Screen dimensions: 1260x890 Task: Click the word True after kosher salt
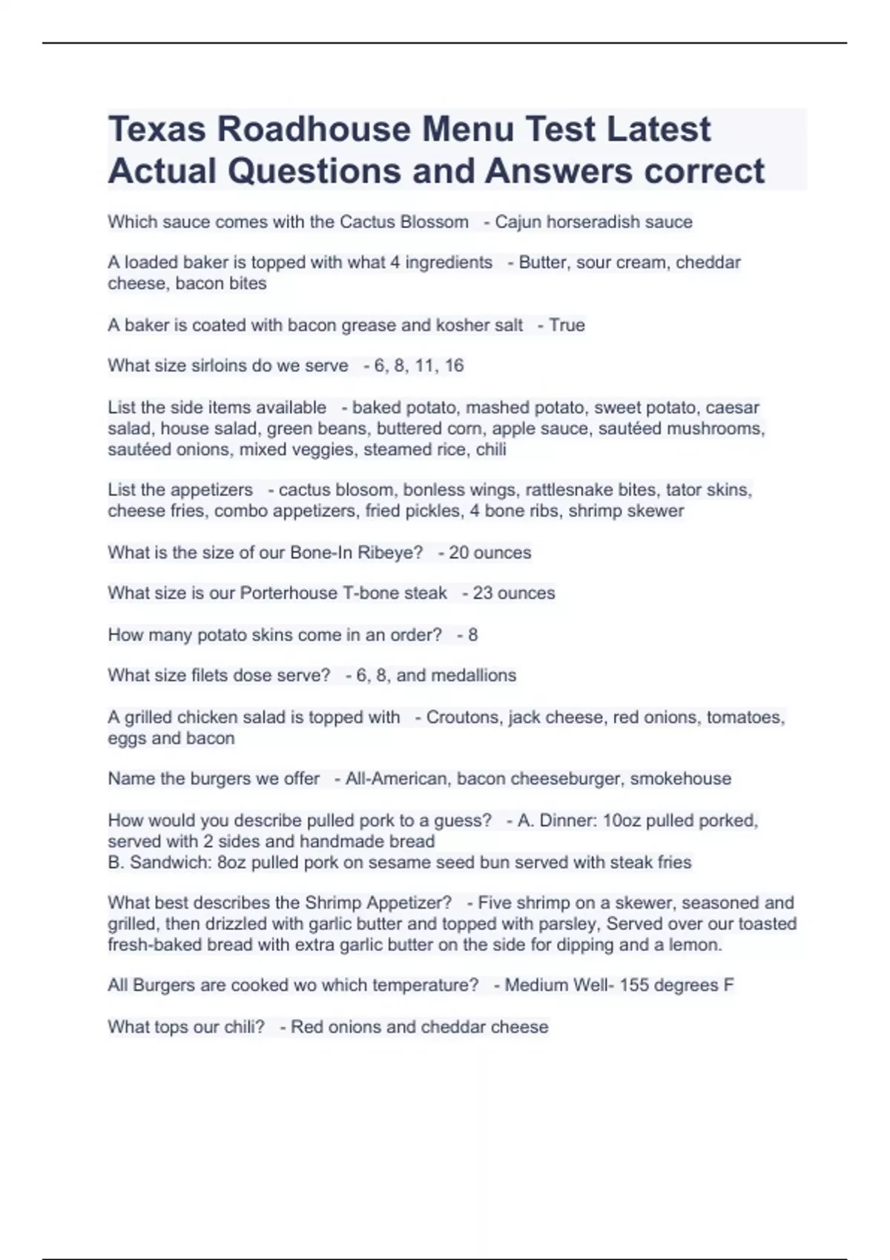567,325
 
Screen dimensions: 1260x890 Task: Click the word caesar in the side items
732,407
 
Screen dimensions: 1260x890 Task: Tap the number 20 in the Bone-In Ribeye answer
458,552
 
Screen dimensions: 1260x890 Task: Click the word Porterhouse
288,593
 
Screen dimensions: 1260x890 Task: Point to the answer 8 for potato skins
472,634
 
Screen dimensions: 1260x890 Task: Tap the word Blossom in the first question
434,222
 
